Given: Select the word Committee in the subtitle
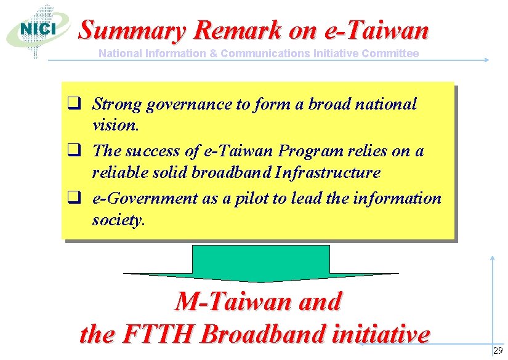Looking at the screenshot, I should [x=391, y=54].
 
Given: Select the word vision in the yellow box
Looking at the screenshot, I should [x=115, y=126].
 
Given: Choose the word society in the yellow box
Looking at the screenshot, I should [x=116, y=220].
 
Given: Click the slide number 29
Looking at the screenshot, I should [x=498, y=351].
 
